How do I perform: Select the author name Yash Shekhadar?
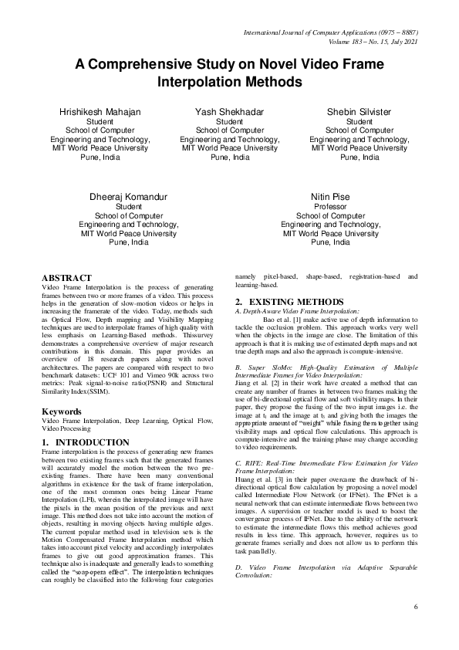pos(229,112)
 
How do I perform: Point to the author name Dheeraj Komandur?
pos(128,197)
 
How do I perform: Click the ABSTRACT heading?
pos(66,278)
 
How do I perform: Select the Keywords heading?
pos(62,412)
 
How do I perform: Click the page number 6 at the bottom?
pos(416,607)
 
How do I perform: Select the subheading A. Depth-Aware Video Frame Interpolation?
pos(297,310)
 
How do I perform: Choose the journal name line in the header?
pos(331,33)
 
